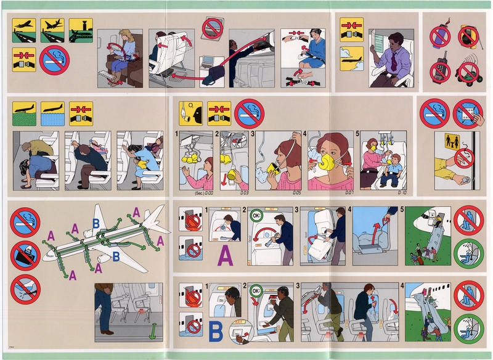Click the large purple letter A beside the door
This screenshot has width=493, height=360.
[226, 253]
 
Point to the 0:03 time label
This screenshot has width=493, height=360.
[244, 193]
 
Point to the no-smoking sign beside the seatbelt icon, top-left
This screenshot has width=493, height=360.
[54, 60]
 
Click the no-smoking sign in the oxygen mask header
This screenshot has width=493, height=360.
[248, 113]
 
